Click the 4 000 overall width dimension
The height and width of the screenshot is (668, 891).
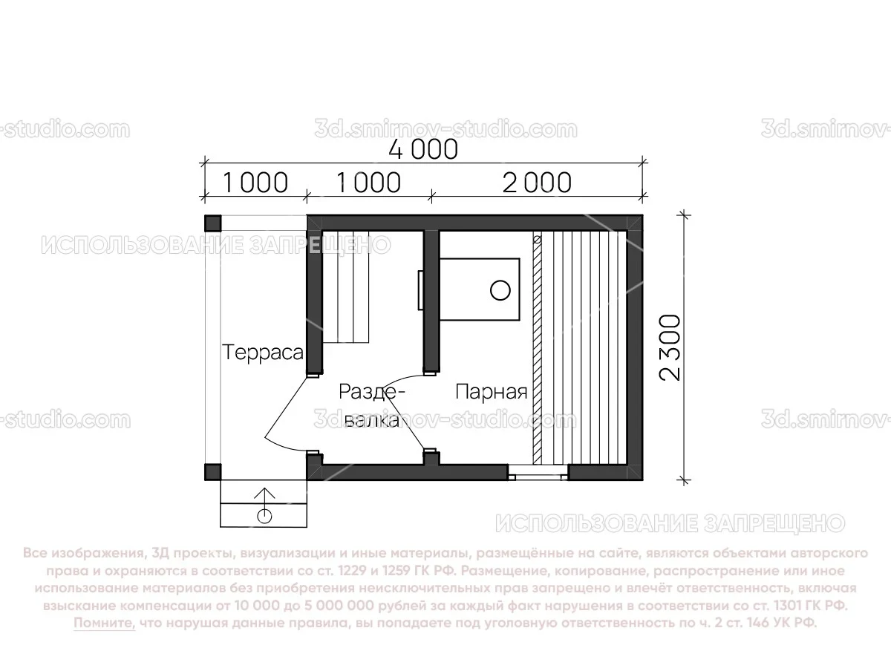point(423,148)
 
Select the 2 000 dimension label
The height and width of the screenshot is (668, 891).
point(537,182)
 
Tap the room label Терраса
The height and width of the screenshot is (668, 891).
point(264,352)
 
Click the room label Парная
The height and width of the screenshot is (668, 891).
point(491,391)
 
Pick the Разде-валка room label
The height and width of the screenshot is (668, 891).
point(371,405)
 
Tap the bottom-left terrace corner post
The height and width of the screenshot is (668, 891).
point(212,472)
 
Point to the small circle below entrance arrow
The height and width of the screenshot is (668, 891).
point(264,514)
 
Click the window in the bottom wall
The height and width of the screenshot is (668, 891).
point(538,472)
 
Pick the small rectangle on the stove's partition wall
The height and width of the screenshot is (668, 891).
point(420,289)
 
